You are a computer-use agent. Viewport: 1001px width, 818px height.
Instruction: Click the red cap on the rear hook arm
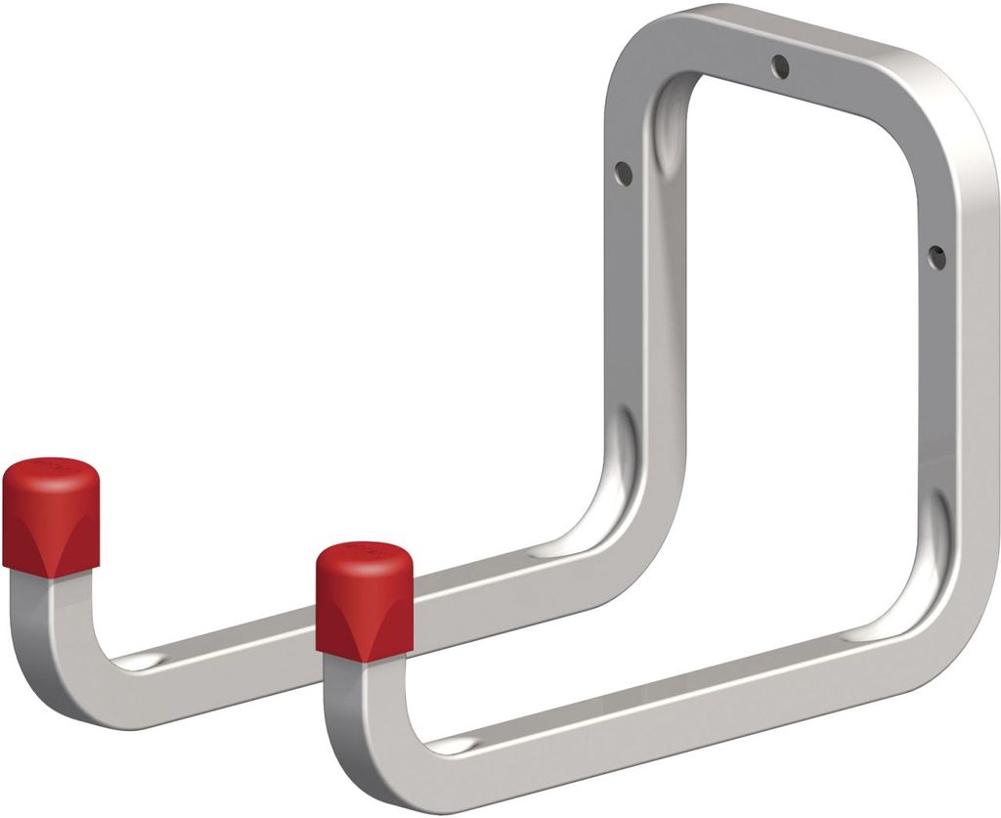[50, 513]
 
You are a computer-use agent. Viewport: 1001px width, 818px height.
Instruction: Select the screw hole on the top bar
[779, 66]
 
